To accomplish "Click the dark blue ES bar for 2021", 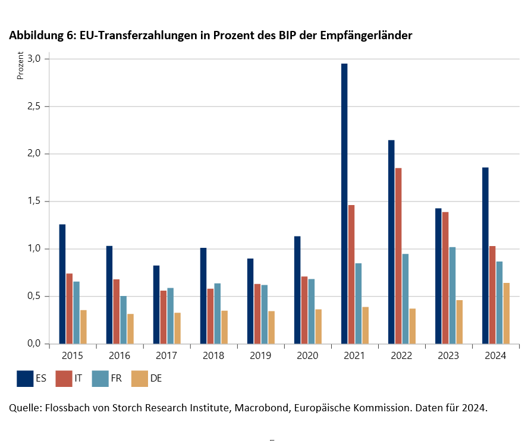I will pos(344,203).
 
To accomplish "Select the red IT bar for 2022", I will pos(398,256).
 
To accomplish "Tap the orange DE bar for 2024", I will pos(507,313).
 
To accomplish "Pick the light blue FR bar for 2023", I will pos(452,295).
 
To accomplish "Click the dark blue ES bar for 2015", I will pos(62,283).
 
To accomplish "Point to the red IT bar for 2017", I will pos(164,317).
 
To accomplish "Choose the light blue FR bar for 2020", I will pos(312,311).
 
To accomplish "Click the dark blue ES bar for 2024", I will pos(486,256).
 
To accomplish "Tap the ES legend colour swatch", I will pos(25,378).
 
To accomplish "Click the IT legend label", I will pos(78,379).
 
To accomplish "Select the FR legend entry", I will pos(107,378).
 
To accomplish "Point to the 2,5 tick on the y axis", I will pos(33,106).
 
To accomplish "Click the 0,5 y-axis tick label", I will pos(33,296).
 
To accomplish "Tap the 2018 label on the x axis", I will pos(213,355).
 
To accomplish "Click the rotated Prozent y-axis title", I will pos(20,67).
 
